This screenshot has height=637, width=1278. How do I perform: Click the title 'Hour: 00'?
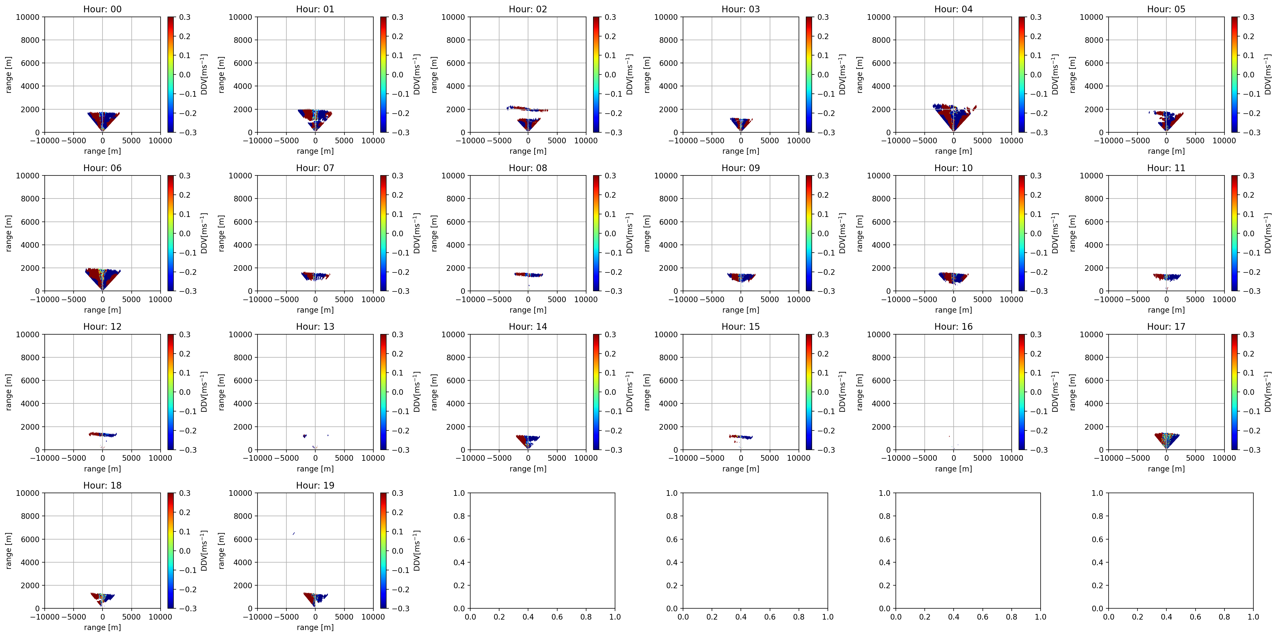(102, 9)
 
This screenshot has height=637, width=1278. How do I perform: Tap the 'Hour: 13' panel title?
(315, 326)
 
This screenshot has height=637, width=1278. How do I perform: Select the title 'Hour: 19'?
(315, 485)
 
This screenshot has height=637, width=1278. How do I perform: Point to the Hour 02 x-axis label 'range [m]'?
(528, 151)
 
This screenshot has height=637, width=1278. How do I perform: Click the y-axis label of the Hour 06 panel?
(9, 233)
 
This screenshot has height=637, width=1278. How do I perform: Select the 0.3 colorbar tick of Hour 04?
(1036, 17)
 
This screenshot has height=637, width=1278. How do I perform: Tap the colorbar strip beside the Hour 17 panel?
(1234, 392)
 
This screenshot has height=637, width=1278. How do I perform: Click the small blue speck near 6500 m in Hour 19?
(294, 534)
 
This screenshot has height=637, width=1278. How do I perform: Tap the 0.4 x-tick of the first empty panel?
(528, 617)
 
